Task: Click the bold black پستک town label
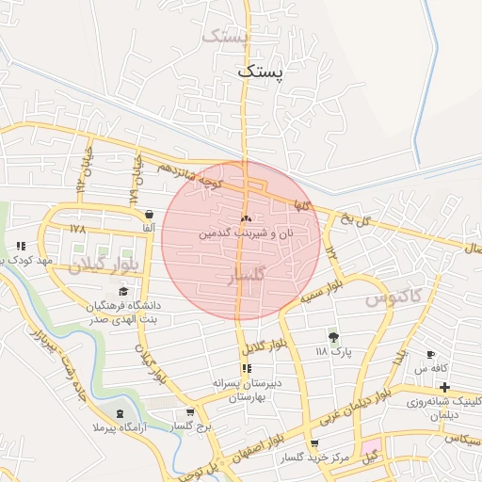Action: (x=259, y=70)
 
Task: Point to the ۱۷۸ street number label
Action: (x=77, y=230)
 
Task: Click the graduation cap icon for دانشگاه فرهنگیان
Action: (x=123, y=293)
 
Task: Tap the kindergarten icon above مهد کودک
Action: (x=21, y=246)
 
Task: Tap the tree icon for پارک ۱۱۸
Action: (x=333, y=336)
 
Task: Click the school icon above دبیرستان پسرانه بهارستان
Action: (x=246, y=368)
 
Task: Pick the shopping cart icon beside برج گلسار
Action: (x=191, y=411)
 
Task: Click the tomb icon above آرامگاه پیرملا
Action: (x=120, y=413)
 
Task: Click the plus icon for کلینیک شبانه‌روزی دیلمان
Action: (x=444, y=387)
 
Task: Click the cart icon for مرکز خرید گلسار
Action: (x=314, y=442)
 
